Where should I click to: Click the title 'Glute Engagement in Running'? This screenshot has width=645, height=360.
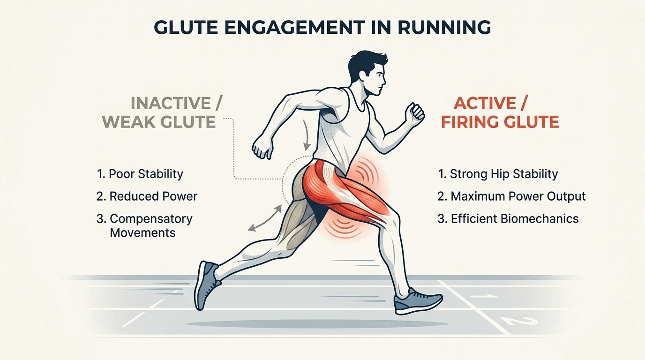pos(322,27)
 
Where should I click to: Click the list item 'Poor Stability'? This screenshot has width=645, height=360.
pos(140,174)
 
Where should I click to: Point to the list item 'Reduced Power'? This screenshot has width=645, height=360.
pos(147,196)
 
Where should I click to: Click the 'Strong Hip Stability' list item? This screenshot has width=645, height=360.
pos(498,174)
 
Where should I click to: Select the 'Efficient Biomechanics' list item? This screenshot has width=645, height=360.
pos(508,218)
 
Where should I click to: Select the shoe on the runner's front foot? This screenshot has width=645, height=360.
pos(417,301)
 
